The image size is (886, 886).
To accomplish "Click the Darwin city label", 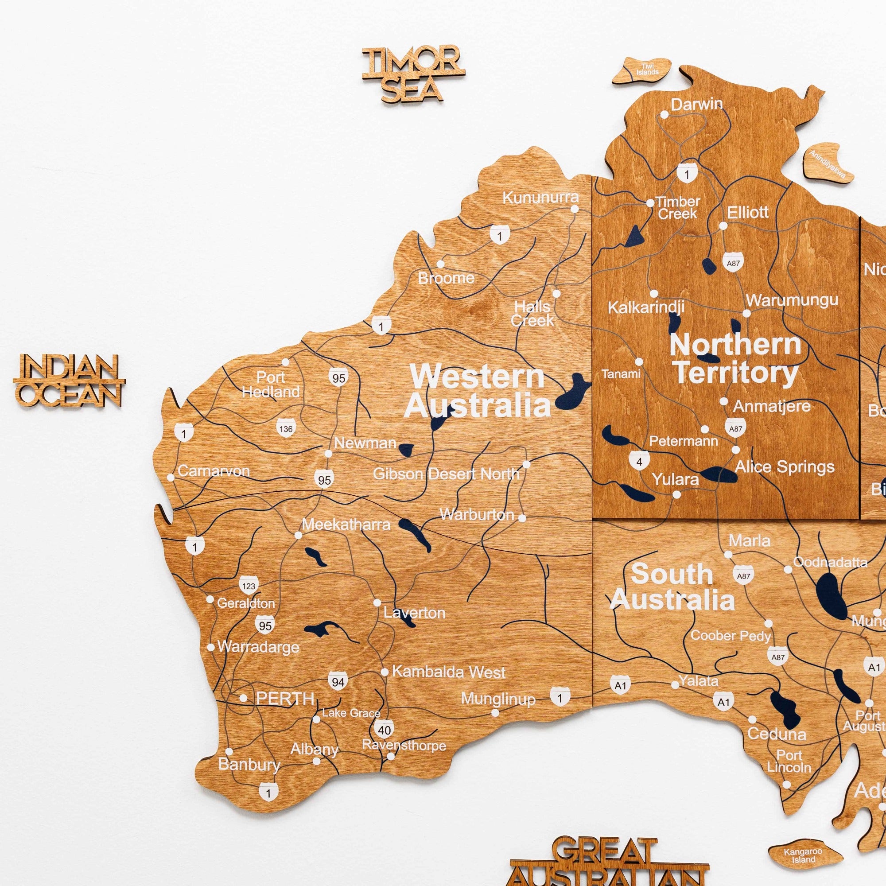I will (696, 105).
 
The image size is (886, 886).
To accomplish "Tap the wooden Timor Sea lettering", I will (412, 74).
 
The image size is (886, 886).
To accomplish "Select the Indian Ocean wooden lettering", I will (69, 381).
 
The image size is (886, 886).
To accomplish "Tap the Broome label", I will (446, 278).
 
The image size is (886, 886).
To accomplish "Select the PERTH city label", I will (285, 699).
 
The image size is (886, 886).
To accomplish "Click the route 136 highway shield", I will (286, 429).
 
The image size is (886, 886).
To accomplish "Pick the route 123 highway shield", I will (249, 586).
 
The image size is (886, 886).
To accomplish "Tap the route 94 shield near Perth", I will (338, 682).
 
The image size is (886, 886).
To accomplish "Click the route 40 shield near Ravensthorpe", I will (384, 730).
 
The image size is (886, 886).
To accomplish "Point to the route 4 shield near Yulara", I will (639, 461).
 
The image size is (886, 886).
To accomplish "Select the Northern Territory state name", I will (735, 359).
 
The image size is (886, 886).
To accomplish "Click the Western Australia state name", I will (477, 391).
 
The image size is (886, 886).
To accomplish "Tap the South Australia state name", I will (672, 587).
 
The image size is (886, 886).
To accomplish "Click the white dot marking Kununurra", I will (575, 209).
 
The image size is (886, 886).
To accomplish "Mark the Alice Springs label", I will (784, 467).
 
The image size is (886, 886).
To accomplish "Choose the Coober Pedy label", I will (731, 636).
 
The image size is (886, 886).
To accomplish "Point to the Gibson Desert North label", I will (446, 474).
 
